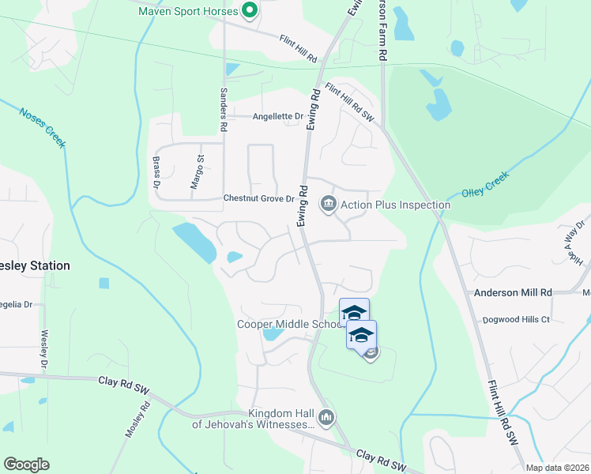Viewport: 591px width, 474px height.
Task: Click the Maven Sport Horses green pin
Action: tap(250, 11)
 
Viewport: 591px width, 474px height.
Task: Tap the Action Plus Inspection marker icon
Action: tap(328, 205)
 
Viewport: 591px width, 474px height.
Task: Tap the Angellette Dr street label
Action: tap(278, 117)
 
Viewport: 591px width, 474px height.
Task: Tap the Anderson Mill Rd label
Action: tap(513, 292)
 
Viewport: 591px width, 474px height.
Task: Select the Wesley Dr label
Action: tap(44, 348)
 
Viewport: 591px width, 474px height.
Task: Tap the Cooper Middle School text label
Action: tap(289, 324)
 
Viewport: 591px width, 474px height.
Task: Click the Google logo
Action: tap(26, 465)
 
